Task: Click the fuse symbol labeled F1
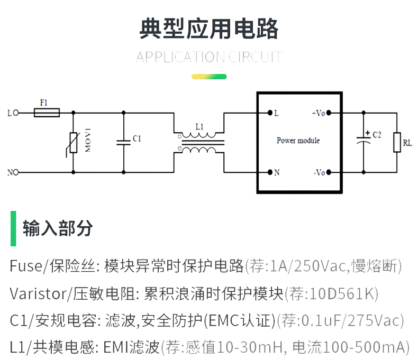click(x=47, y=113)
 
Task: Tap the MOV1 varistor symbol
click(x=72, y=142)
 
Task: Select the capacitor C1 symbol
click(x=124, y=142)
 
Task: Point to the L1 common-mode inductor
click(x=199, y=142)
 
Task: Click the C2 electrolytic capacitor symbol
click(x=364, y=140)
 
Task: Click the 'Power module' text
click(x=298, y=141)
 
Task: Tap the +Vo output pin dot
click(x=329, y=113)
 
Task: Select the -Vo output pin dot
click(x=329, y=172)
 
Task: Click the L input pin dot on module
click(x=270, y=113)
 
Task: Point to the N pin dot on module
click(x=270, y=172)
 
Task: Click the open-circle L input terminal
click(x=16, y=113)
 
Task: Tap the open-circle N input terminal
click(x=16, y=172)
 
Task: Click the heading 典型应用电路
click(x=208, y=29)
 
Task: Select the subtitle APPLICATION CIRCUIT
click(x=208, y=57)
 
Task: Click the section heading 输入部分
click(x=58, y=228)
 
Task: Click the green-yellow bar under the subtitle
click(x=208, y=77)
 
